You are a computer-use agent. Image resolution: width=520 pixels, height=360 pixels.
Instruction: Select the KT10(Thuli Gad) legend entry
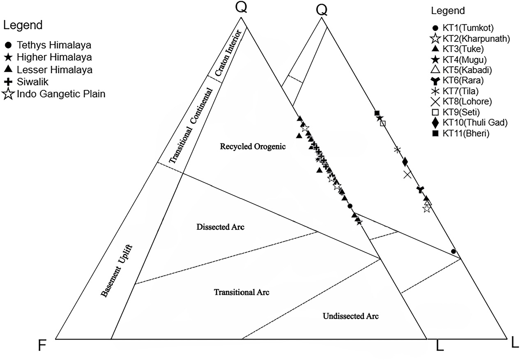(470, 122)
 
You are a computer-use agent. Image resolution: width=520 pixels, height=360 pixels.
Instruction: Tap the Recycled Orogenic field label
(246, 147)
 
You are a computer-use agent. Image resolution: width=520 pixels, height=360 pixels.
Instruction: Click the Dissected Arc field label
(221, 227)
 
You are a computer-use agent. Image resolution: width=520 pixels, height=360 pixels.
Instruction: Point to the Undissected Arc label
(350, 316)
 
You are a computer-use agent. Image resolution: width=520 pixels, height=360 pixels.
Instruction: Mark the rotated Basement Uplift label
(118, 270)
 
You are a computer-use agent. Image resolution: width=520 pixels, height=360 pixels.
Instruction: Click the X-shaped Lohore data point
(407, 175)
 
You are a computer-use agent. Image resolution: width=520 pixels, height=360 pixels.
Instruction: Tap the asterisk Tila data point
(397, 150)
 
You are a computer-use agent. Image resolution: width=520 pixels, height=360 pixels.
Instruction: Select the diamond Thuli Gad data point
(405, 161)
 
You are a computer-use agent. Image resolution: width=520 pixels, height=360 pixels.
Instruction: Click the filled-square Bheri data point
(377, 113)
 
